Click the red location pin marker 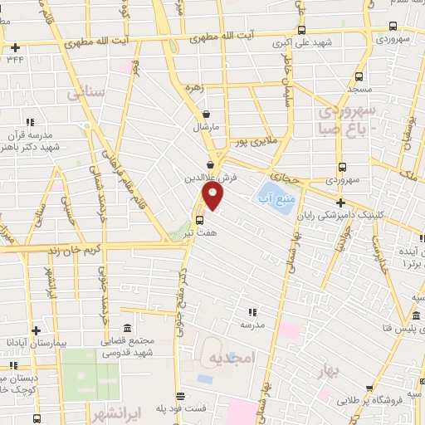[x=213, y=196]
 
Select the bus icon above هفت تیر [x=199, y=219]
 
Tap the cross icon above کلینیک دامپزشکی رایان [x=340, y=203]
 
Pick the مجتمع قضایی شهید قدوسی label [x=126, y=347]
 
